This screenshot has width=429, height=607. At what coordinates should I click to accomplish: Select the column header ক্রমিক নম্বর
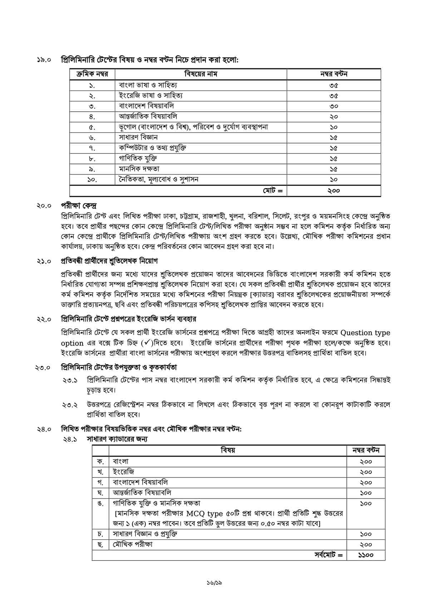coord(92,74)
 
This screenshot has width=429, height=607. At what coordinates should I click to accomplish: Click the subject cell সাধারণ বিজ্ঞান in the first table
coord(138,137)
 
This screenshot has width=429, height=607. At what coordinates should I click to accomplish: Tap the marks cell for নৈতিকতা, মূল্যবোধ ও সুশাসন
coord(333,180)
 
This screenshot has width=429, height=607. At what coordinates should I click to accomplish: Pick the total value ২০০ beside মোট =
coord(333,191)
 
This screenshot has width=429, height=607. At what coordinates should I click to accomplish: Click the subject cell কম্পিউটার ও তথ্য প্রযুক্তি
coord(152,148)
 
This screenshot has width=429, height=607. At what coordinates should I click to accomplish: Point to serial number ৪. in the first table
coord(92,117)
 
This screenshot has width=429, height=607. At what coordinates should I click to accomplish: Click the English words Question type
coord(365,333)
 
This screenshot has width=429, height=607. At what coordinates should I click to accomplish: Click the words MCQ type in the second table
coord(204,514)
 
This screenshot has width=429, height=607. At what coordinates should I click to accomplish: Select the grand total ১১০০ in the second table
coord(366,555)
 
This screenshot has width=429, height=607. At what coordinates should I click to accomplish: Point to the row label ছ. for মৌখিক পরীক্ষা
coord(100,544)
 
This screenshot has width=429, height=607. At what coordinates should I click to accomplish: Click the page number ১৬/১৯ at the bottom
coord(214,582)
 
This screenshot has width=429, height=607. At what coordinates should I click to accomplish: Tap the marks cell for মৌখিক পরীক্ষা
coord(366,544)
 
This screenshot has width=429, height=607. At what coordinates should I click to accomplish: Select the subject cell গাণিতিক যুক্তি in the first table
coord(138,158)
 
